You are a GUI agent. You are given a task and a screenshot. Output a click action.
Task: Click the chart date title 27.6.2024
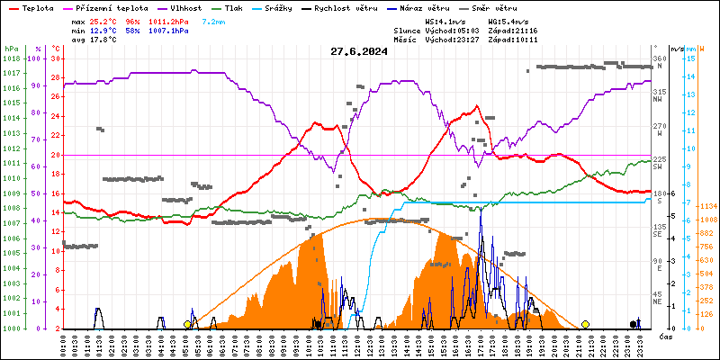(x=359, y=51)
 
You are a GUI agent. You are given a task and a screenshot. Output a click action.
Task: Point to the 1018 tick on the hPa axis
(x=11, y=58)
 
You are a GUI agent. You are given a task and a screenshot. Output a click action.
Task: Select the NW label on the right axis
(x=659, y=101)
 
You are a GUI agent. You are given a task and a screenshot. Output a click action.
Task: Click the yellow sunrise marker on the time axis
(x=187, y=324)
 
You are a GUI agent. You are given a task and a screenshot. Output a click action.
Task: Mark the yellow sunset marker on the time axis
(x=585, y=324)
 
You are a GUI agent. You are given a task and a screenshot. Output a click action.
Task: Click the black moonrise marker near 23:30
(x=633, y=324)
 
